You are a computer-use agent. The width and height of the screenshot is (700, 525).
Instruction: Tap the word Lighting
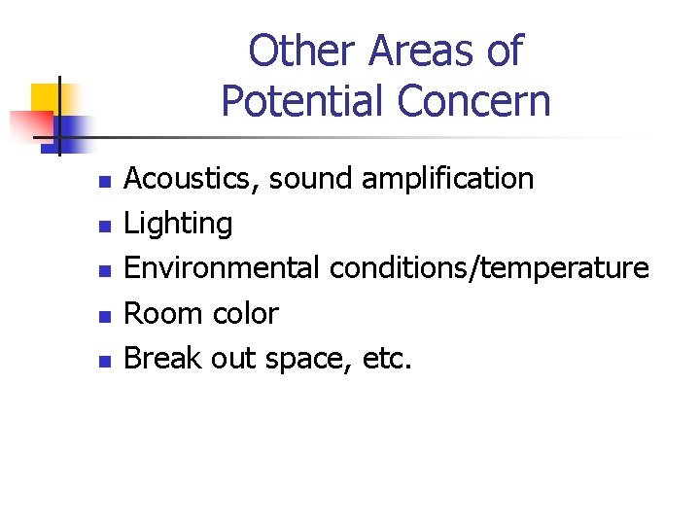(179, 225)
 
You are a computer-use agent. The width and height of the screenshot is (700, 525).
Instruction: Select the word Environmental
(222, 267)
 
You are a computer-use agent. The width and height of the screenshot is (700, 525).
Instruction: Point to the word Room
(160, 313)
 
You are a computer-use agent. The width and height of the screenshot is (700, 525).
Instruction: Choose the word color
(241, 313)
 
